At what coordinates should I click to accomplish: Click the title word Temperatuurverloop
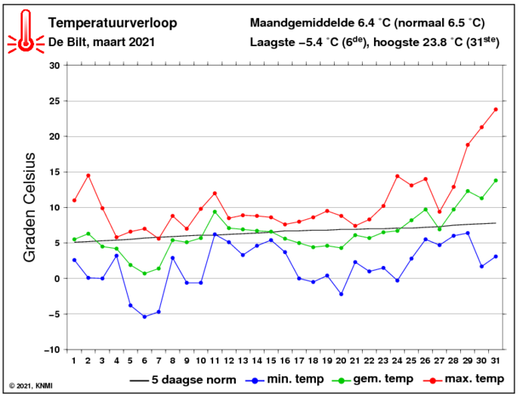pyautogui.click(x=113, y=23)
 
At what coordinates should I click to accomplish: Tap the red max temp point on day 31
pyautogui.click(x=496, y=109)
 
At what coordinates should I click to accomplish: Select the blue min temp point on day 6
pyautogui.click(x=144, y=317)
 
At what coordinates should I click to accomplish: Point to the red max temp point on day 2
pyautogui.click(x=88, y=175)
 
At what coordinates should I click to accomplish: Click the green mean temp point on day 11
pyautogui.click(x=215, y=212)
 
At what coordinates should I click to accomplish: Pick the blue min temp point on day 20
pyautogui.click(x=341, y=294)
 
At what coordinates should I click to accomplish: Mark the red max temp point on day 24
pyautogui.click(x=398, y=176)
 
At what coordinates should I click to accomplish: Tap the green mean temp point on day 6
pyautogui.click(x=144, y=274)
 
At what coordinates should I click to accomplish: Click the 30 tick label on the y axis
pyautogui.click(x=54, y=65)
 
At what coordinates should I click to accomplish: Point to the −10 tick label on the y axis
pyautogui.click(x=51, y=350)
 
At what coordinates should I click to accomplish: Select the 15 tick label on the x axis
pyautogui.click(x=271, y=361)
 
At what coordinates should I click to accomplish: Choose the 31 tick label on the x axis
pyautogui.click(x=496, y=361)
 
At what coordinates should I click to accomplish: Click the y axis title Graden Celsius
pyautogui.click(x=30, y=207)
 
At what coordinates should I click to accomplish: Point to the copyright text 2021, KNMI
pyautogui.click(x=32, y=386)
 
